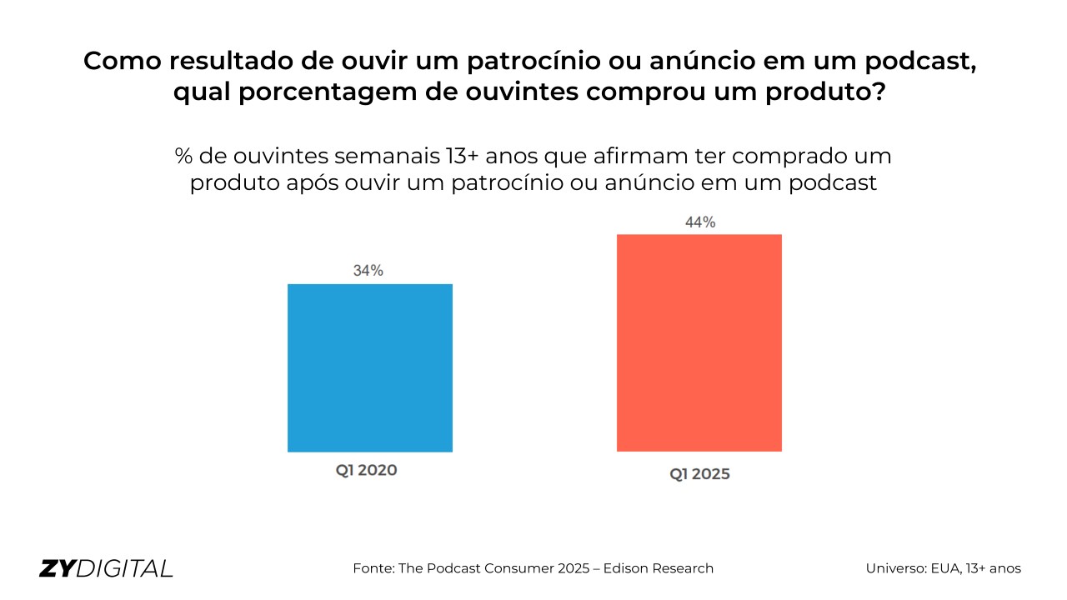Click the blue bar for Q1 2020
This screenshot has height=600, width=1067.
click(x=370, y=367)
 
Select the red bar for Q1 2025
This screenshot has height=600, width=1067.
click(x=699, y=342)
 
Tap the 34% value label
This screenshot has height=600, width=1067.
click(x=368, y=271)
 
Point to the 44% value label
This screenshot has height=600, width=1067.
click(x=700, y=222)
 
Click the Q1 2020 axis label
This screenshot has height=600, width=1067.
click(x=367, y=470)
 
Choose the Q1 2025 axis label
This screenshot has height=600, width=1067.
click(x=699, y=474)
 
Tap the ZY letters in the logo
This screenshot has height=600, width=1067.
click(x=57, y=568)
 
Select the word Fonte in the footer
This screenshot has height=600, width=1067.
click(x=373, y=568)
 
